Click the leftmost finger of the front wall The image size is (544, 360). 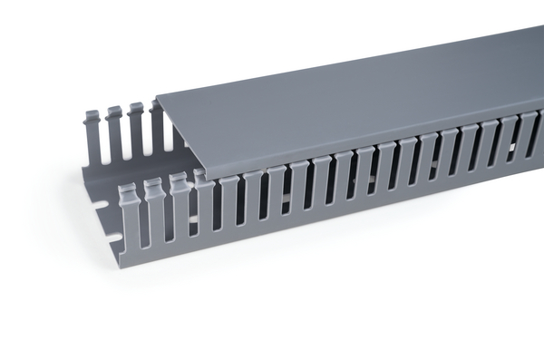[130, 218]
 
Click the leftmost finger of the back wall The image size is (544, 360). [93, 136]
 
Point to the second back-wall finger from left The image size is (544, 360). [115, 132]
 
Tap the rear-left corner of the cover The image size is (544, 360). [157, 96]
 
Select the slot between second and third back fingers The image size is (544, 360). [126, 139]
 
